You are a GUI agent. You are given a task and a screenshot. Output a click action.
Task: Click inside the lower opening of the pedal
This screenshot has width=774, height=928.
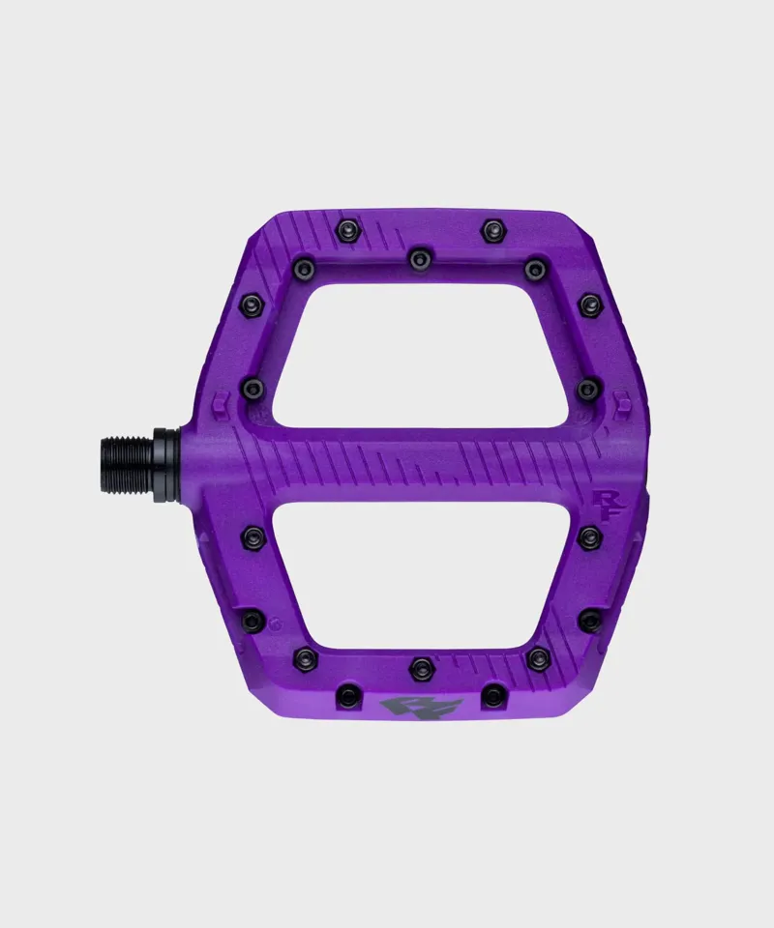426,580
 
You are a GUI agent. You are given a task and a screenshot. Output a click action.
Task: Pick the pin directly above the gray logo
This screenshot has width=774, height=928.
422,666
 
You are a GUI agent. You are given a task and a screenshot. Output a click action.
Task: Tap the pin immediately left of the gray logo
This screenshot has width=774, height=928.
349,694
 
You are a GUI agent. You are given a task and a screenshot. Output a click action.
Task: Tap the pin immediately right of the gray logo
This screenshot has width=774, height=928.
494,694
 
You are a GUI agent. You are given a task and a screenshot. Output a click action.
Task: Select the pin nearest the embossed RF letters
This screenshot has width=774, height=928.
588,537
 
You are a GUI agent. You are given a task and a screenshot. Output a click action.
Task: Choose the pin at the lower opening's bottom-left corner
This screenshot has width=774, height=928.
304,657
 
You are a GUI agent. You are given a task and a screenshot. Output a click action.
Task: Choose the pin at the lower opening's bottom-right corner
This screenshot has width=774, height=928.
537,658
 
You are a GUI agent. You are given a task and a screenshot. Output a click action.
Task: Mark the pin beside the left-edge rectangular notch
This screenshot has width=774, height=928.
253,389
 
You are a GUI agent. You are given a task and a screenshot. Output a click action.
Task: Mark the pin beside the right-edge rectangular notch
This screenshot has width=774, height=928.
588,389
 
